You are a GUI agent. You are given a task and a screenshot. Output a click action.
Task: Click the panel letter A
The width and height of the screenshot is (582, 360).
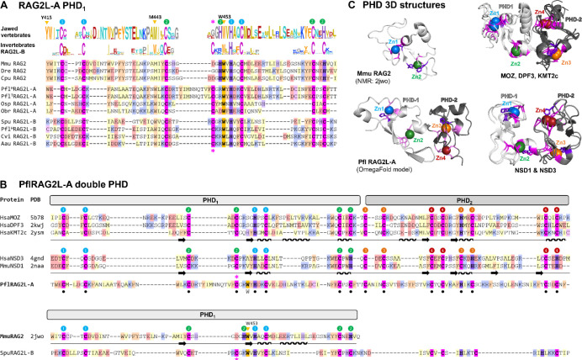pyautogui.click(x=5, y=6)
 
